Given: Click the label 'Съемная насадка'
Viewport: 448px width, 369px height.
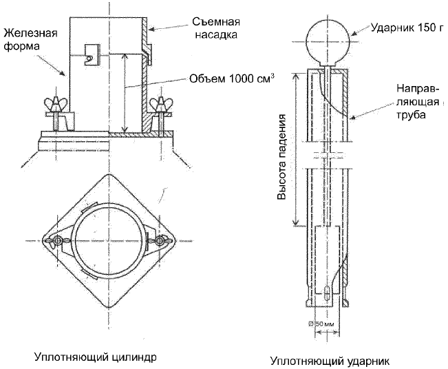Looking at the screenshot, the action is click(x=215, y=28).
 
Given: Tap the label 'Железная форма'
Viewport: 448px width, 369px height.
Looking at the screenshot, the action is click(x=30, y=39).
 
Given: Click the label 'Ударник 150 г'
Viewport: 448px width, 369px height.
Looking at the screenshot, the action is click(x=407, y=28).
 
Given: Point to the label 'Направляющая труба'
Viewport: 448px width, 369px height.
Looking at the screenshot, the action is click(x=418, y=101).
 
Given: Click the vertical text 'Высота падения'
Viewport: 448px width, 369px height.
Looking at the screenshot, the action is click(x=281, y=157).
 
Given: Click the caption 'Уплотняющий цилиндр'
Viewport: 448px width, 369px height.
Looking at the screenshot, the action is click(x=96, y=357).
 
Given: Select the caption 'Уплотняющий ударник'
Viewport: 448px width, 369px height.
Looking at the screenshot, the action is click(x=330, y=361).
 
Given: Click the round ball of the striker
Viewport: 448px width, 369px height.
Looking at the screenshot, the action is click(x=328, y=42).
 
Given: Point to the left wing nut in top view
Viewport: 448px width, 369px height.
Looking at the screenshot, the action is click(x=57, y=241).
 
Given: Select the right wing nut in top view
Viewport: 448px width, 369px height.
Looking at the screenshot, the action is click(x=160, y=241).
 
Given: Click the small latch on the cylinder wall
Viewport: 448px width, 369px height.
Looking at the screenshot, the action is click(x=92, y=55).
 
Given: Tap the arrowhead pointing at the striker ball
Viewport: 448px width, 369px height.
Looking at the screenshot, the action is click(x=354, y=32).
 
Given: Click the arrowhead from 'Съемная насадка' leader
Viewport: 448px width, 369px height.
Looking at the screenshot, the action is click(x=152, y=29).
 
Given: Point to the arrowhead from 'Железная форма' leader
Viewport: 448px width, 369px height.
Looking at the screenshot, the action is click(x=63, y=74).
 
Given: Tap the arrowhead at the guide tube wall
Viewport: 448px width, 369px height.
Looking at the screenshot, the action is click(x=354, y=116).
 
